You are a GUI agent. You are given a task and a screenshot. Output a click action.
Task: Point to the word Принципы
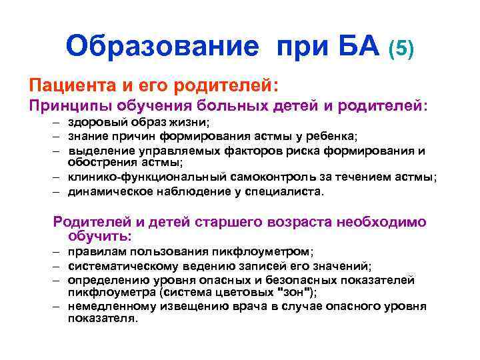coord(69,105)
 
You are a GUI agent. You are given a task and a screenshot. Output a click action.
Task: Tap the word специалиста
coord(290,191)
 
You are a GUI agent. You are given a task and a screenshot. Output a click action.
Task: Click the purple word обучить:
coord(100,236)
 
